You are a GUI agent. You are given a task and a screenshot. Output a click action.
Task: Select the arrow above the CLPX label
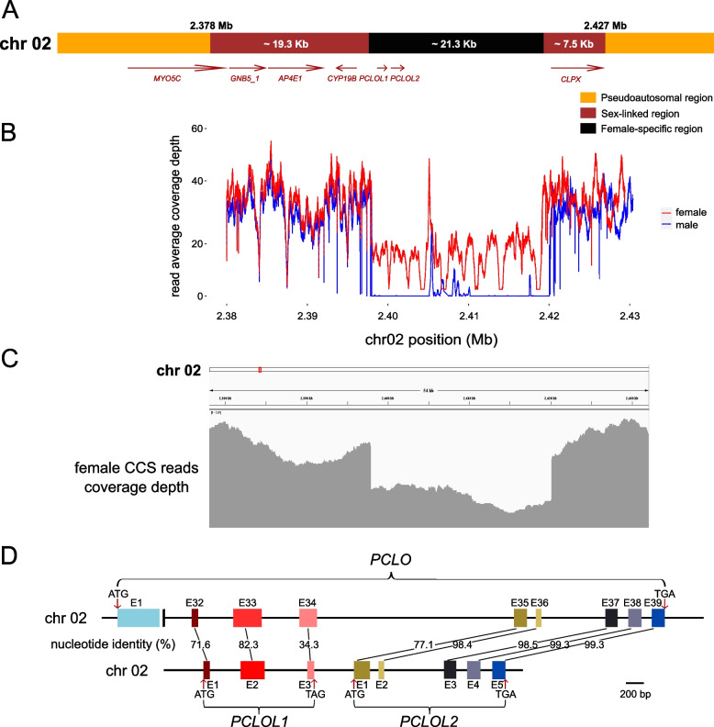[577, 67]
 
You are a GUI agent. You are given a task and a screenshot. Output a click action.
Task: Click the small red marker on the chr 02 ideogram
[260, 369]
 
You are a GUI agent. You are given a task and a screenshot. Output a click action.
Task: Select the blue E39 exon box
[658, 618]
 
